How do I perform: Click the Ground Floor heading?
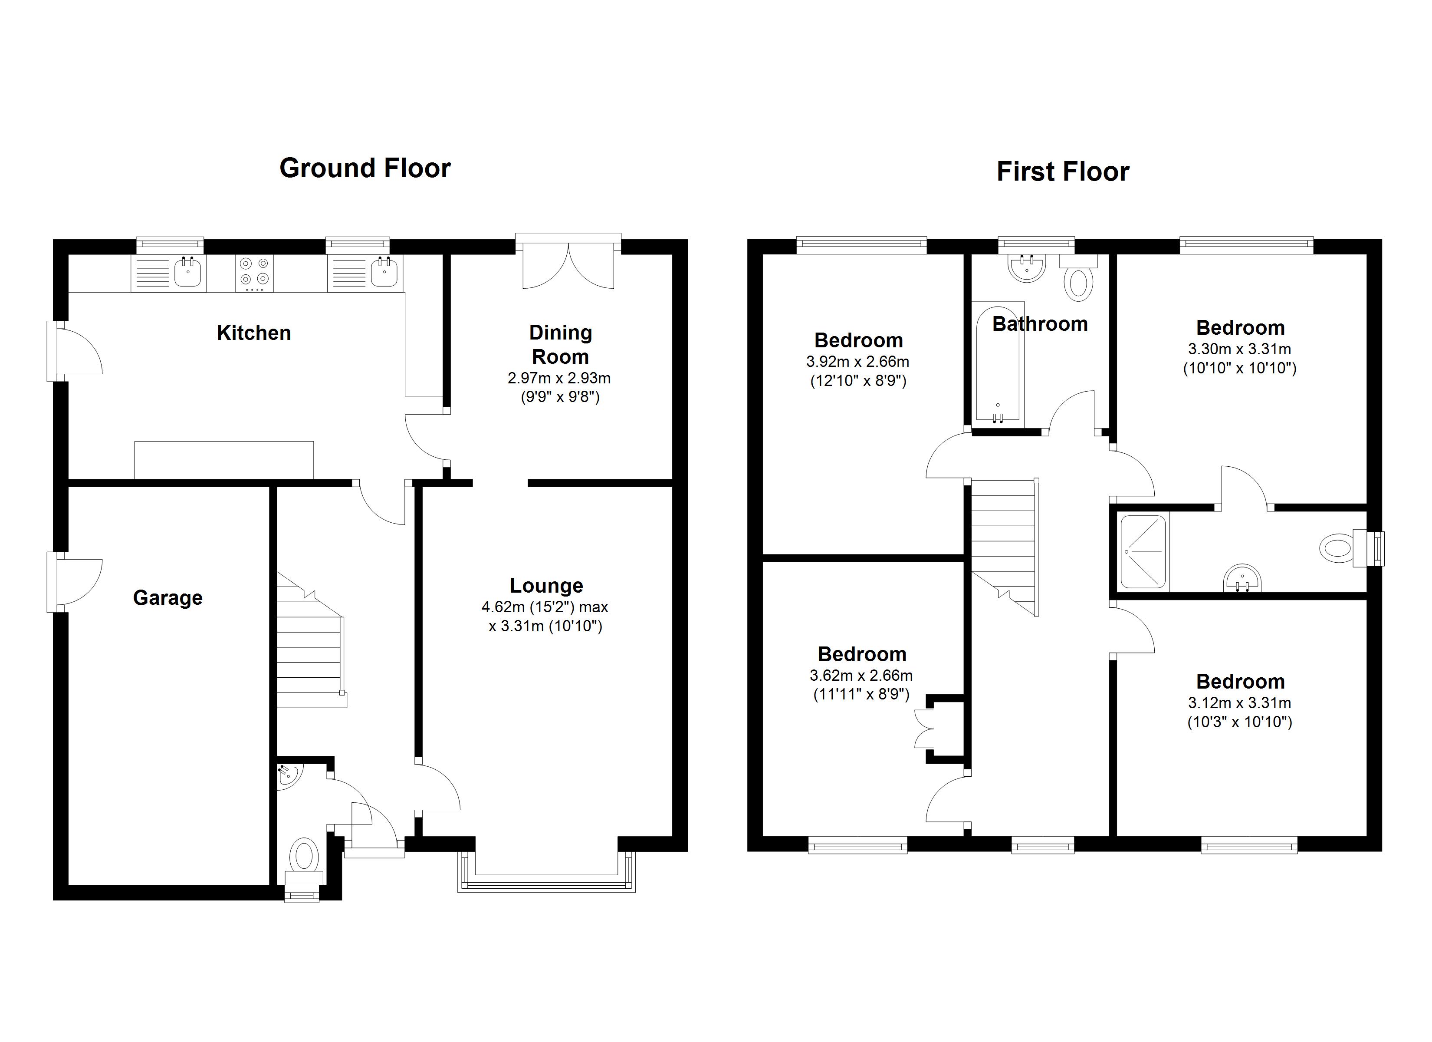coord(365,168)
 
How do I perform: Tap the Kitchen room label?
coord(254,333)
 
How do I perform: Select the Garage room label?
coord(168,598)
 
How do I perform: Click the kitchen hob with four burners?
coord(254,273)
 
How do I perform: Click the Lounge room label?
coord(546,586)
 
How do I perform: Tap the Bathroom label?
coord(1039,324)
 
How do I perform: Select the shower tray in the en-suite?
coord(1143,552)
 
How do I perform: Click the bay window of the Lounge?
coord(546,881)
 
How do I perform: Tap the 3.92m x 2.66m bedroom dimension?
coord(857,362)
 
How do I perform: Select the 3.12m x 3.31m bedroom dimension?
coord(1239,702)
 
